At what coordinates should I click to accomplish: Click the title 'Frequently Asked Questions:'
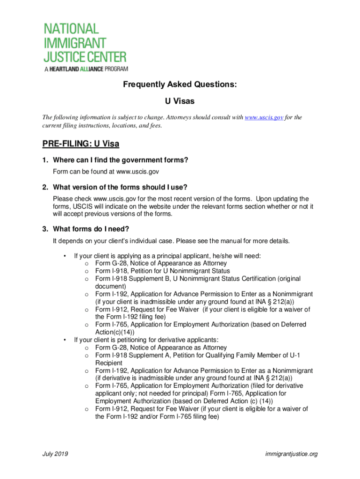180,85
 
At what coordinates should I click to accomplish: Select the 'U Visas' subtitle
180,101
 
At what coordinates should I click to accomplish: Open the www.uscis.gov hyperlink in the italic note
264,117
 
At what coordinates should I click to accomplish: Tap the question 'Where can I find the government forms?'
121,160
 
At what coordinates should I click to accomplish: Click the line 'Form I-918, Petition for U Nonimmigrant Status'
162,271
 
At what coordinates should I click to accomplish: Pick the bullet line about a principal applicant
167,256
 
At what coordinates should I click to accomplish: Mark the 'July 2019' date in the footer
55,454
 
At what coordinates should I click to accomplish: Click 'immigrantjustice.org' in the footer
291,454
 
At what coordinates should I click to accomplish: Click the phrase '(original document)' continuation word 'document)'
110,286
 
